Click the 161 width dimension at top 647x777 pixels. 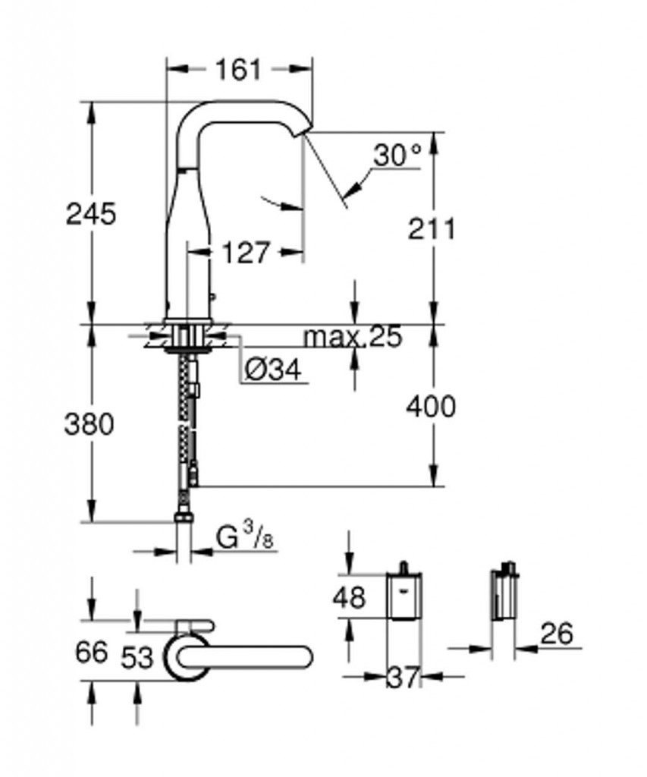click(x=238, y=69)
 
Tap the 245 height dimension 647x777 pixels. click(x=91, y=214)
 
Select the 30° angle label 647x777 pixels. click(x=397, y=155)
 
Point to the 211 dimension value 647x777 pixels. click(x=431, y=229)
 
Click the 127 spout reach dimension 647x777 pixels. click(x=246, y=253)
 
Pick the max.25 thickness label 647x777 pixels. click(x=353, y=337)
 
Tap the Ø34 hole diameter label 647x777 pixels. click(x=273, y=369)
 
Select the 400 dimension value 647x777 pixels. click(x=431, y=407)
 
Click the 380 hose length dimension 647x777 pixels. click(x=90, y=424)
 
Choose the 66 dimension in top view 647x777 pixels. click(x=91, y=652)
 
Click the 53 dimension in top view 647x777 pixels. click(x=137, y=658)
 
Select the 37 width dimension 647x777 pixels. click(x=404, y=678)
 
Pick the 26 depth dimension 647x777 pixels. click(x=556, y=634)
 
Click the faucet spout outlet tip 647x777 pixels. click(x=302, y=133)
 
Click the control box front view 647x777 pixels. click(x=404, y=592)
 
